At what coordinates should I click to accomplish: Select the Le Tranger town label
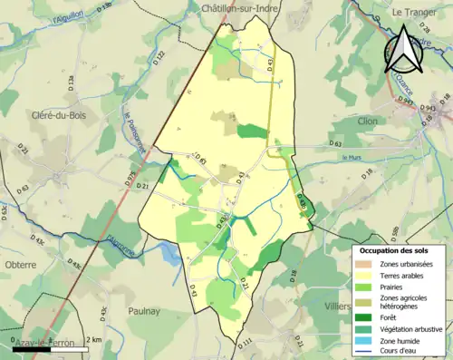click(x=413, y=12)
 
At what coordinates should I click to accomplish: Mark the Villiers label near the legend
click(x=336, y=306)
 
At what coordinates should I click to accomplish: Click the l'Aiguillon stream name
click(x=68, y=15)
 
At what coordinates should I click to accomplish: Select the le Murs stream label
click(x=352, y=159)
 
